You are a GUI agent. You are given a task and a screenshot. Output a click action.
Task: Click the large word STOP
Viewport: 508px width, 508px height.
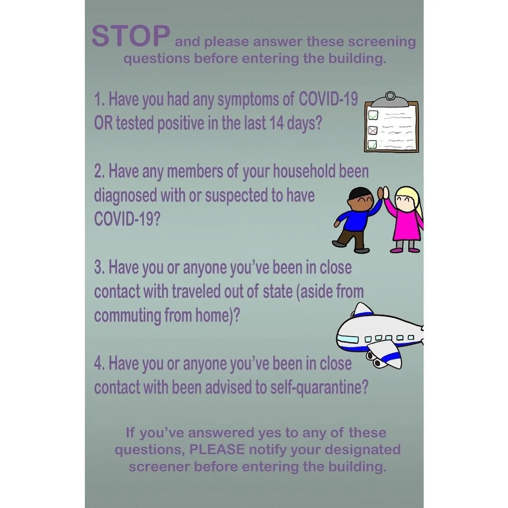(130, 36)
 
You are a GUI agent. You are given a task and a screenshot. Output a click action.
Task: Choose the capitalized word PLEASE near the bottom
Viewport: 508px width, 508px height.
(217, 449)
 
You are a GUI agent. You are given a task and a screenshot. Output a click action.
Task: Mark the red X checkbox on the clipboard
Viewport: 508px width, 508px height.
(373, 129)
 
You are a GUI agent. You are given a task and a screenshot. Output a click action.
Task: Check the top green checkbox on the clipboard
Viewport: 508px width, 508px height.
(373, 114)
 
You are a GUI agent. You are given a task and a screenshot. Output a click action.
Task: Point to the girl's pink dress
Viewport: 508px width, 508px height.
(405, 225)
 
